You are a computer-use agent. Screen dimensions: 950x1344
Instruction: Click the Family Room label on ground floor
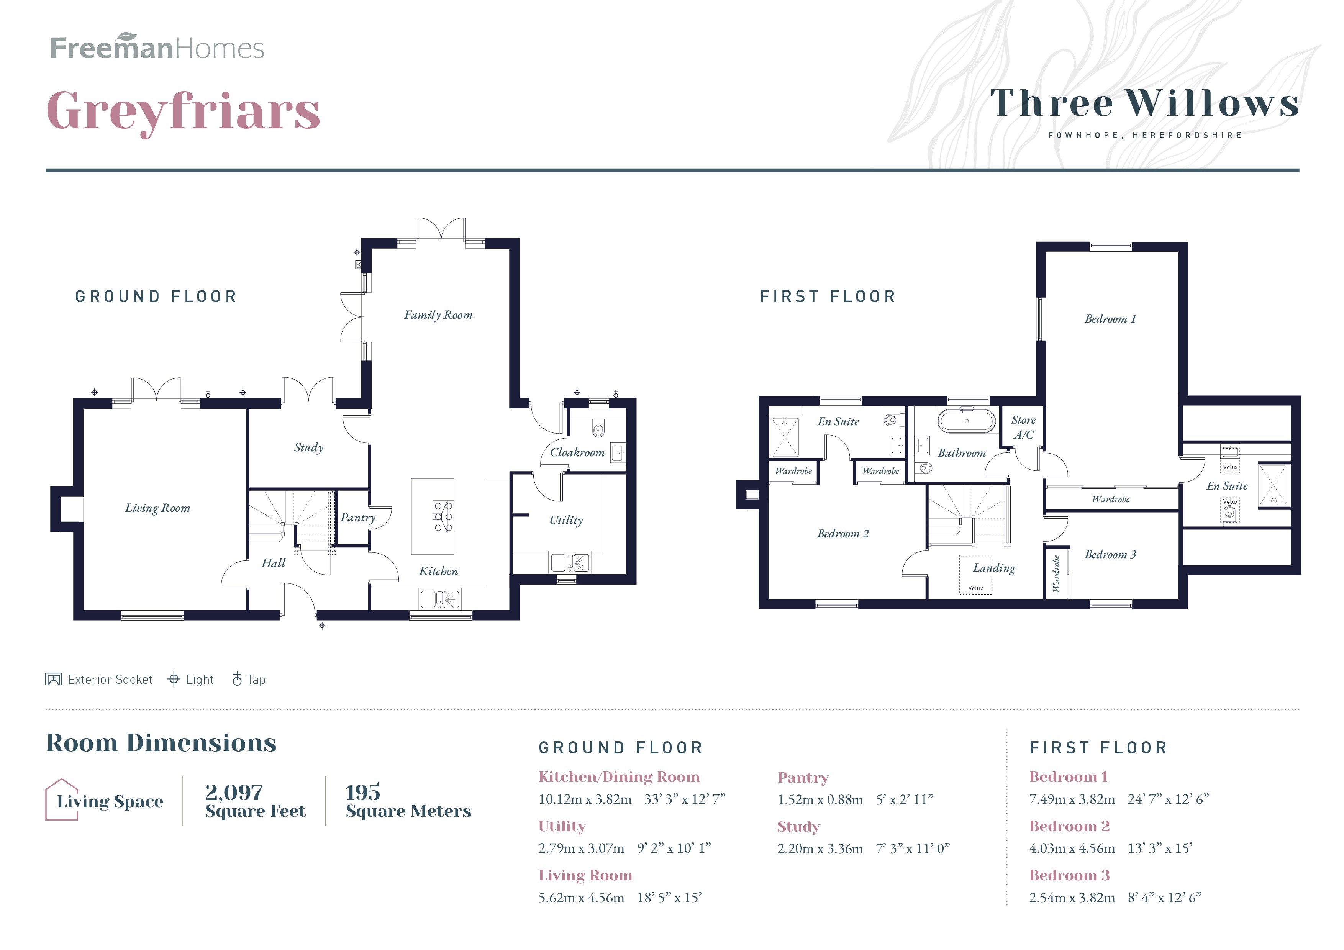pyautogui.click(x=438, y=315)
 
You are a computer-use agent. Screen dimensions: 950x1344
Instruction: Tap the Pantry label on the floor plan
pyautogui.click(x=358, y=518)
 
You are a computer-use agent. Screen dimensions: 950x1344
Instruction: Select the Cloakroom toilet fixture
pyautogui.click(x=598, y=429)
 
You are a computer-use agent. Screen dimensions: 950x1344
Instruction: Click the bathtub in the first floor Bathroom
pyautogui.click(x=967, y=421)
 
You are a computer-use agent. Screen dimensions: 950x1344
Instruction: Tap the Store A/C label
pyautogui.click(x=1023, y=427)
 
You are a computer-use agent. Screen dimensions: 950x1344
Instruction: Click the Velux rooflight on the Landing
pyautogui.click(x=975, y=575)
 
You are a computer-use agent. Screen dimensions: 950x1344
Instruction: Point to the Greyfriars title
pyautogui.click(x=183, y=111)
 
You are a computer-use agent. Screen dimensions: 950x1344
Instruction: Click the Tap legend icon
pyautogui.click(x=237, y=679)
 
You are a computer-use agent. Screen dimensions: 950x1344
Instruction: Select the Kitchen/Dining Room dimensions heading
pyautogui.click(x=619, y=777)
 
